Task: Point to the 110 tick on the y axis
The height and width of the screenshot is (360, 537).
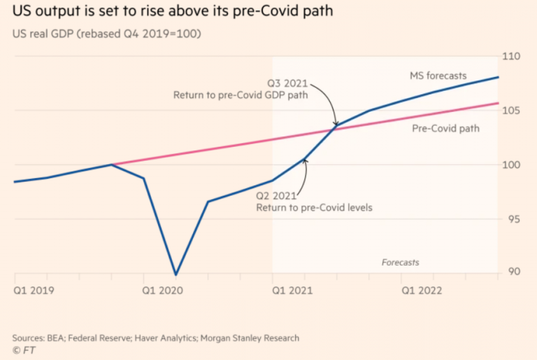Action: pos(515,56)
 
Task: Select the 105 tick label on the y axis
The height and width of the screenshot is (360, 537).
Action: pos(515,110)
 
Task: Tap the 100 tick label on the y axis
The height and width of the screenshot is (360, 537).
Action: pos(515,165)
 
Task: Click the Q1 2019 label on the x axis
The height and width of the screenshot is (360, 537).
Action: pos(34,288)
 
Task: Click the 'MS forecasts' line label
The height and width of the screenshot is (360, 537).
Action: pos(438,75)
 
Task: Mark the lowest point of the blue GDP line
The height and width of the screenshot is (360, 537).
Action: pos(176,275)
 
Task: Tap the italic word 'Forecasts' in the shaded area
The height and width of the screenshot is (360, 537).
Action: pos(401,262)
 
